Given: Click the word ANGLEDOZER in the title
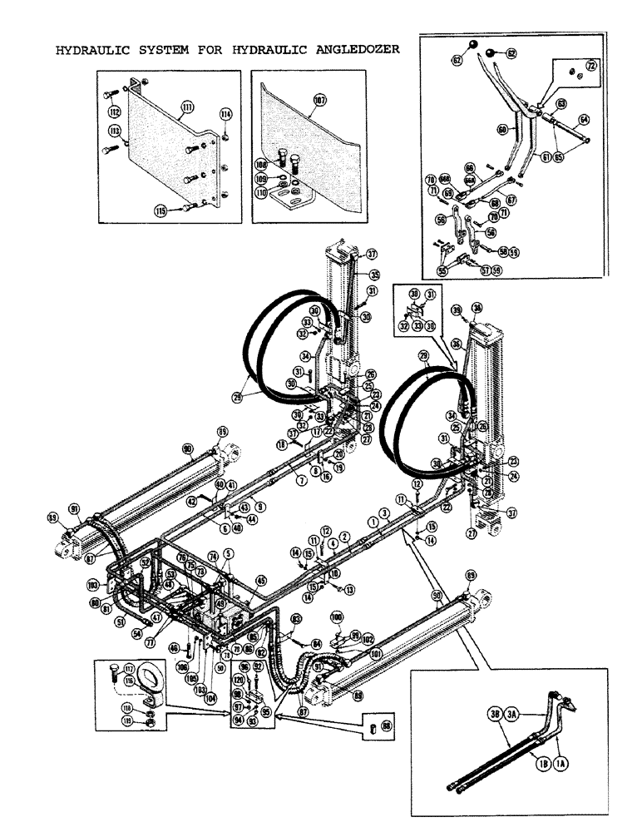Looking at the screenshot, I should [x=353, y=49].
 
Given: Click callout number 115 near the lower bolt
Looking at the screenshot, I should [x=159, y=210].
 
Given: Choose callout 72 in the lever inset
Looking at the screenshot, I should [x=590, y=64].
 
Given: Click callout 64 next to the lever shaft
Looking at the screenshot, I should [x=584, y=121].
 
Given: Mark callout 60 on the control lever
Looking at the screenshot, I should [x=501, y=129].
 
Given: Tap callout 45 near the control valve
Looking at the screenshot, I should [x=262, y=580].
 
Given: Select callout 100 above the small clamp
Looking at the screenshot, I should [x=336, y=617].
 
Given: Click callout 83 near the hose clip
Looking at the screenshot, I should [x=296, y=618].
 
